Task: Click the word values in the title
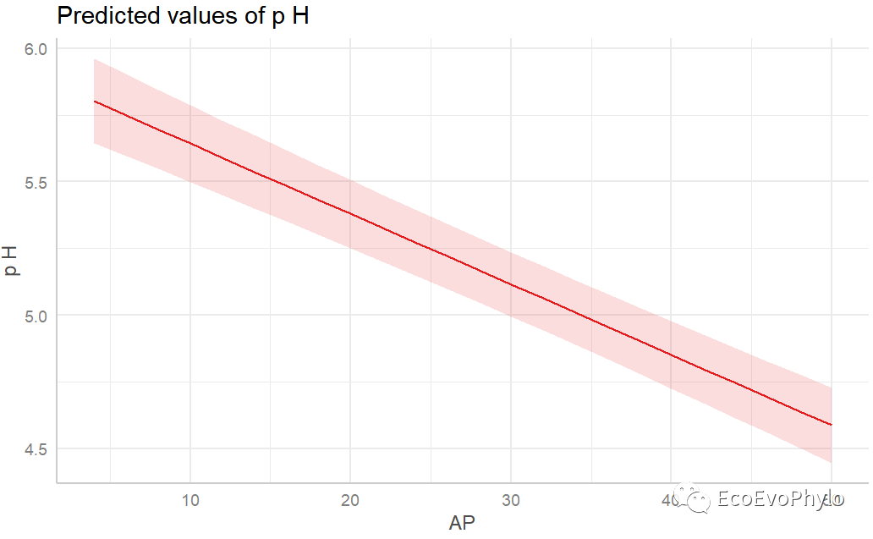(185, 16)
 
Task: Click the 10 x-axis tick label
(190, 500)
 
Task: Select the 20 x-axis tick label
(350, 500)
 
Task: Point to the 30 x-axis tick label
(510, 500)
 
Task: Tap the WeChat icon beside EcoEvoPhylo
(697, 502)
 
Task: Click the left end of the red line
(95, 102)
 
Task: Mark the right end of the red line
(831, 424)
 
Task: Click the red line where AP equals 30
(510, 283)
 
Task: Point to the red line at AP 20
(350, 213)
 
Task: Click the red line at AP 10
(190, 143)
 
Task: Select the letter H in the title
(300, 16)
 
